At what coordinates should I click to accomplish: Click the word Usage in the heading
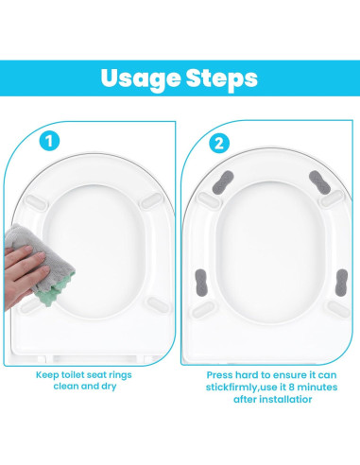141,79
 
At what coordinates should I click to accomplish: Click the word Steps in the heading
222,79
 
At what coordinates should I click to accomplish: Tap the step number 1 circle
49,141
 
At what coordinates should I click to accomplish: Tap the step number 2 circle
219,144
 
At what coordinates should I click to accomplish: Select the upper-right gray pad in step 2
319,182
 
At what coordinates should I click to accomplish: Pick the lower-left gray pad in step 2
201,283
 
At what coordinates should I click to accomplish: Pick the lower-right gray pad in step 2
342,283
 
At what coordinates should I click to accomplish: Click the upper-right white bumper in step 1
151,201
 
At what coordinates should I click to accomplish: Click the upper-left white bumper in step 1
36,202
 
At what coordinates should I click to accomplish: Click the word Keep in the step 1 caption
47,375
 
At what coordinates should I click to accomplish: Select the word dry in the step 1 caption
109,387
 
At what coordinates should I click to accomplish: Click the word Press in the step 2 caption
219,375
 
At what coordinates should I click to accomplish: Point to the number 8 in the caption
291,387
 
